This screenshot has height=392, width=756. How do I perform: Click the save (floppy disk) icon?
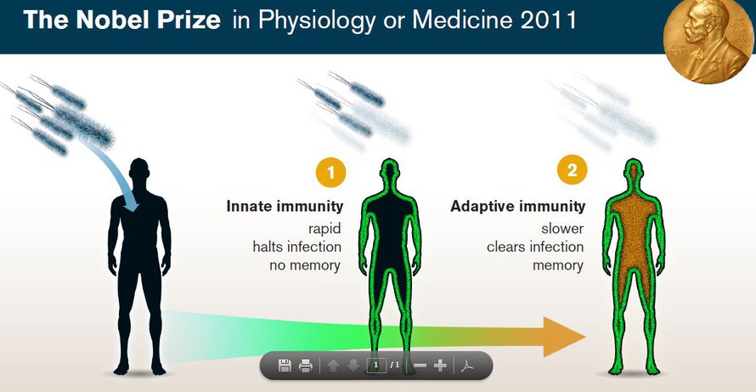click(285, 366)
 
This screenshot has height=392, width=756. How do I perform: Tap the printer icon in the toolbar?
click(306, 366)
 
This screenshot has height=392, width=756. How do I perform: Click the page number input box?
click(375, 366)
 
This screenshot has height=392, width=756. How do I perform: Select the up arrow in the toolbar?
click(333, 366)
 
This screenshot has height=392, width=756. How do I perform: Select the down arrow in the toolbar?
click(353, 366)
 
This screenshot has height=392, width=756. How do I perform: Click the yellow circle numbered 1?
click(330, 172)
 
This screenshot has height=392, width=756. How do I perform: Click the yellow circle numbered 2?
click(573, 170)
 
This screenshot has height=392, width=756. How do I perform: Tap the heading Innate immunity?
click(285, 207)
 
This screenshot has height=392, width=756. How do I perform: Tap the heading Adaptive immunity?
click(518, 207)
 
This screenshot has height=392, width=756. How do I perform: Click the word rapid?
click(324, 229)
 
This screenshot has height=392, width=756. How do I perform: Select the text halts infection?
click(296, 247)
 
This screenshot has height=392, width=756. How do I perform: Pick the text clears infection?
click(535, 247)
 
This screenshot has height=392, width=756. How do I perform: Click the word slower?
click(562, 229)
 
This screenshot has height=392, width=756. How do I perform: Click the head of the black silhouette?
click(139, 171)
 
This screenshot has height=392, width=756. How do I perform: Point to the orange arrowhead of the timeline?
click(565, 337)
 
